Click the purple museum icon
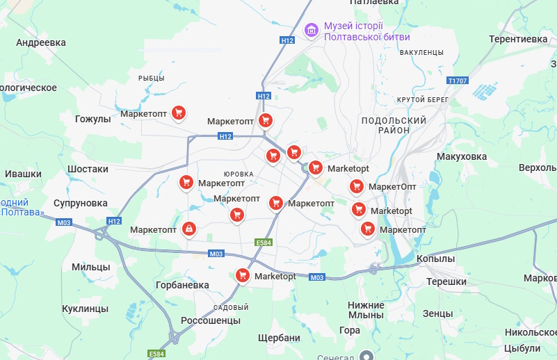[312, 31]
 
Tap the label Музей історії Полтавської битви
[367, 31]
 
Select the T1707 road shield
[458, 81]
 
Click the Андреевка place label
[41, 42]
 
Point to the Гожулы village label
[92, 119]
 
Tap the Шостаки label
[88, 169]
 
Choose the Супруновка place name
[81, 203]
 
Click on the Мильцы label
[90, 267]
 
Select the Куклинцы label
[85, 308]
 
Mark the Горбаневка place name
[183, 285]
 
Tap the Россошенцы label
[210, 320]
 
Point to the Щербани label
[278, 338]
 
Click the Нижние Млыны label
[366, 310]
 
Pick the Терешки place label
[446, 281]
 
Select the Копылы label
[435, 259]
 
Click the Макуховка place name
[462, 156]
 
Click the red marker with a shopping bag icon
[188, 229]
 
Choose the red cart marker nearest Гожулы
[179, 113]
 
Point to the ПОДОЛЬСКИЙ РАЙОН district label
[394, 125]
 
